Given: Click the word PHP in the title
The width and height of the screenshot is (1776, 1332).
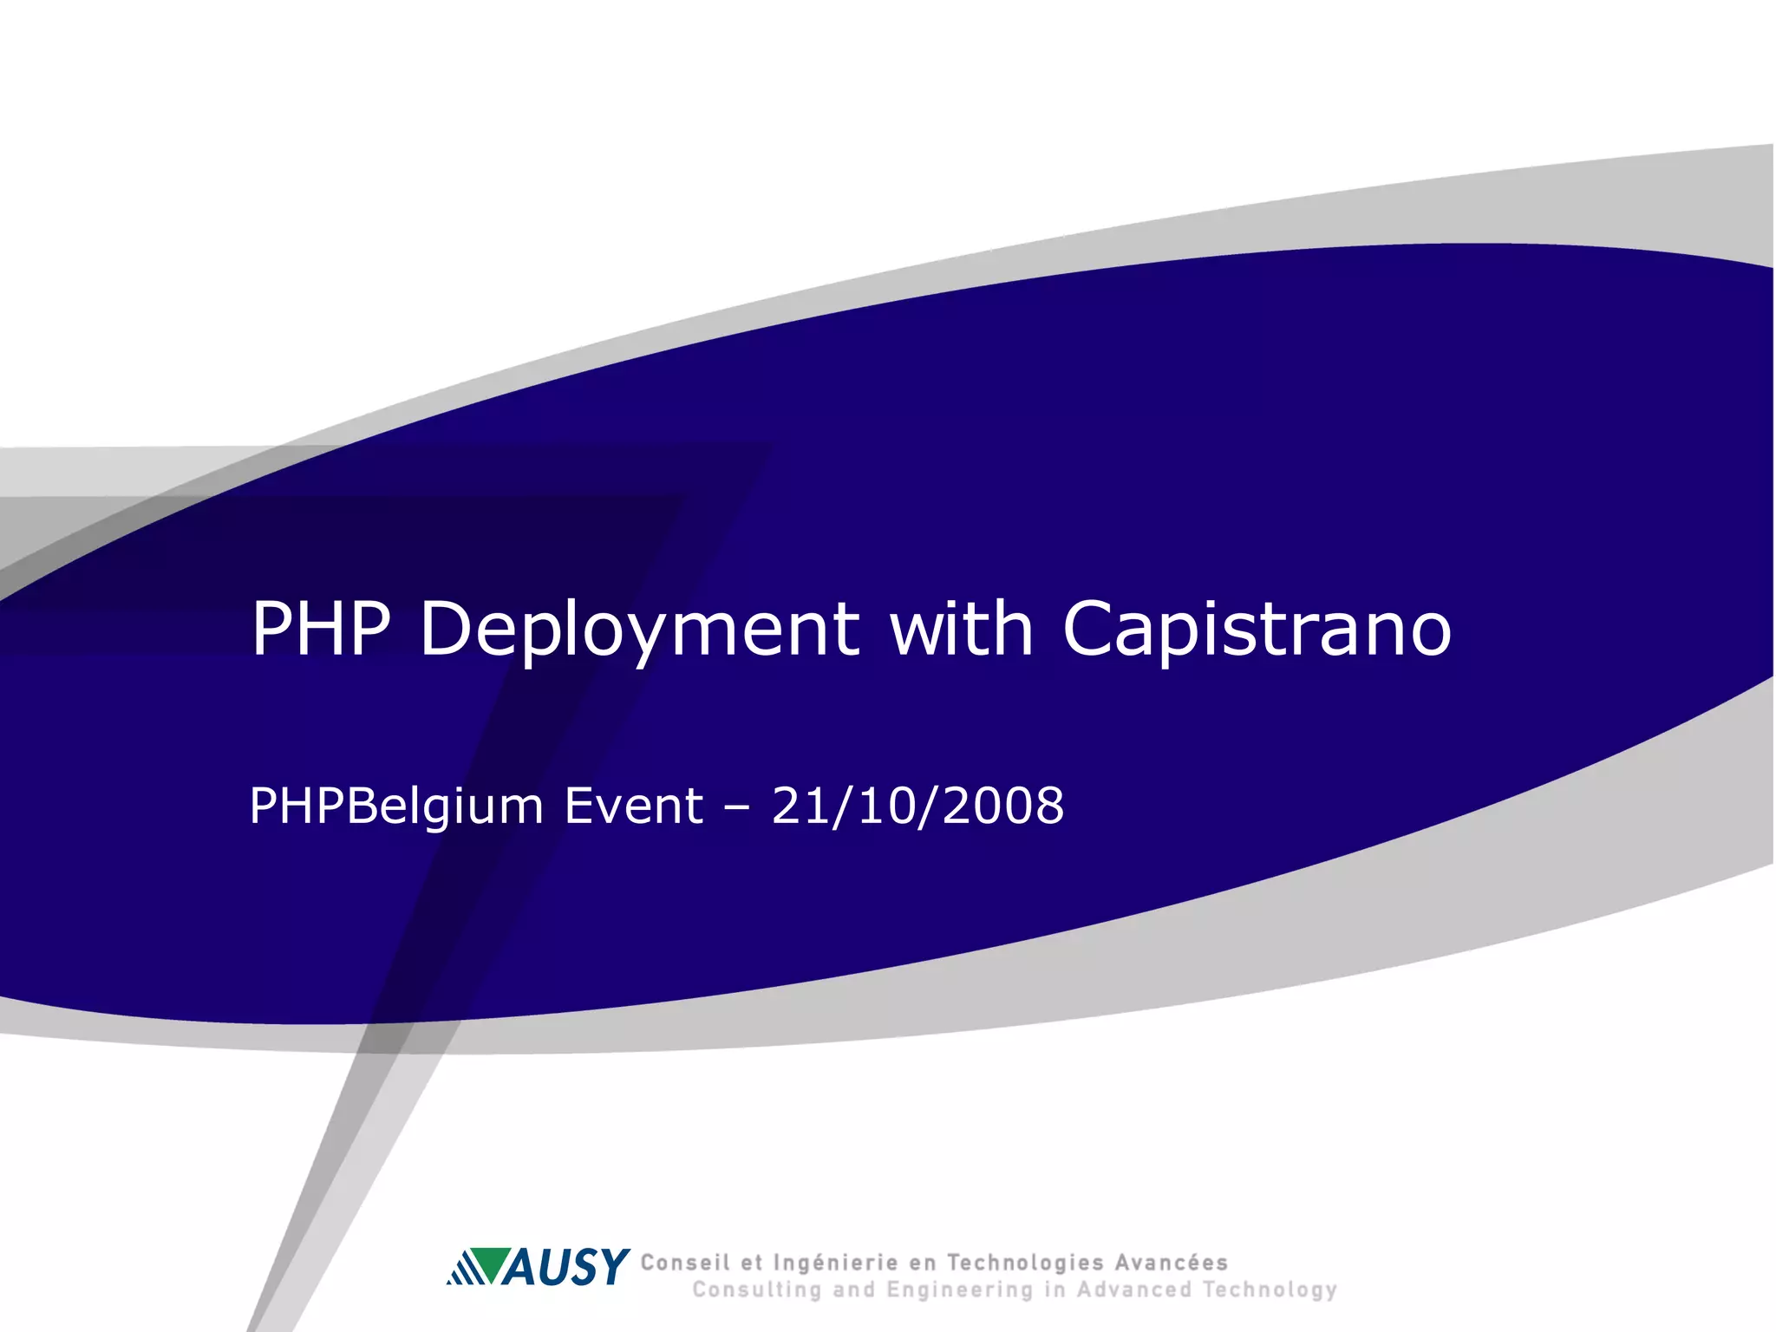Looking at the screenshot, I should [x=321, y=628].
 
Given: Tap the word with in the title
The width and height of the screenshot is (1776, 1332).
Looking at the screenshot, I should [x=962, y=628].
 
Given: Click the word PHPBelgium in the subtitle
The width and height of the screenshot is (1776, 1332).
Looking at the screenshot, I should [x=396, y=806].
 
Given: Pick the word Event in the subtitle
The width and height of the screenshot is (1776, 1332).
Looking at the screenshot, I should [x=634, y=806].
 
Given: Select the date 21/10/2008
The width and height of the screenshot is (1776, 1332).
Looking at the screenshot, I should [x=917, y=806].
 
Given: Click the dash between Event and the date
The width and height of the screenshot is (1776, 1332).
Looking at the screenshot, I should [x=737, y=808].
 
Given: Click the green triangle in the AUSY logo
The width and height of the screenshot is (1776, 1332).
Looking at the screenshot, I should [x=493, y=1263].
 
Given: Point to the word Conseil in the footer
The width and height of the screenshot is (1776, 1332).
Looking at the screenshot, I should [x=685, y=1263].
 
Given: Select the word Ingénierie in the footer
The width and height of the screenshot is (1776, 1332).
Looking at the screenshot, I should [x=835, y=1263].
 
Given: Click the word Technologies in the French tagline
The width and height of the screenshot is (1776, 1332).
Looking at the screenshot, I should [x=1025, y=1263].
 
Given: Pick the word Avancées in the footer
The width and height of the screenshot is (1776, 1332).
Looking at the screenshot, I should [x=1172, y=1263].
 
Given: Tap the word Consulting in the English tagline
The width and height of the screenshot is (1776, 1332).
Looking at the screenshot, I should [x=756, y=1290].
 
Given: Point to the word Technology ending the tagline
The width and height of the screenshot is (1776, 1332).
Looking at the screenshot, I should [x=1270, y=1290].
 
